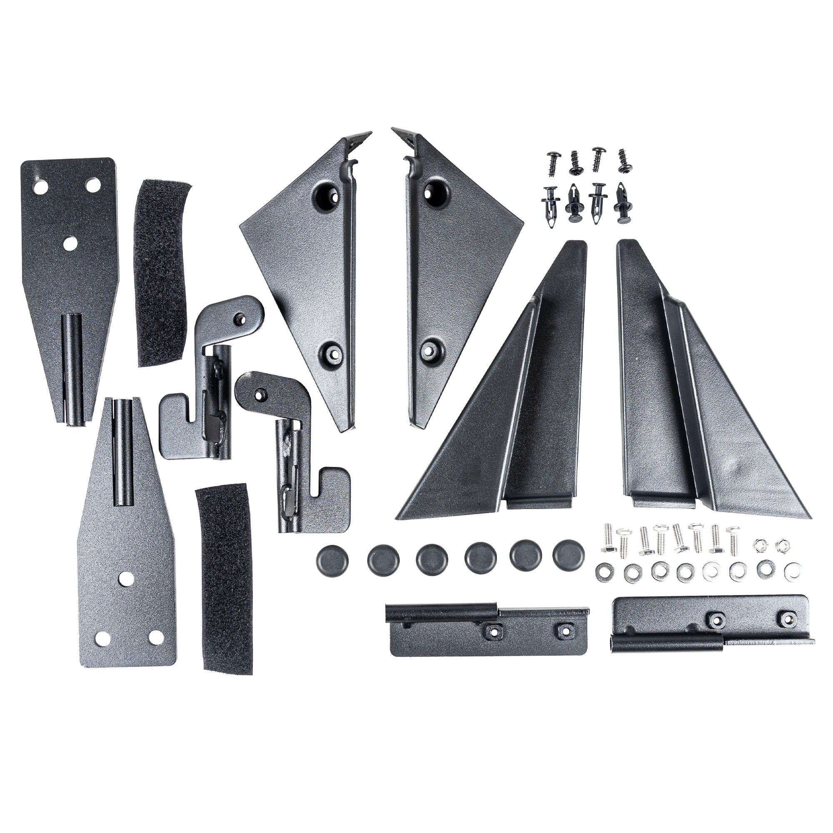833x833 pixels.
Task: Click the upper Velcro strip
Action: [x=162, y=272]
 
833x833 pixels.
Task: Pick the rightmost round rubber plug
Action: [x=569, y=554]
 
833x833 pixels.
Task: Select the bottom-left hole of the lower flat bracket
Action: [x=101, y=639]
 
